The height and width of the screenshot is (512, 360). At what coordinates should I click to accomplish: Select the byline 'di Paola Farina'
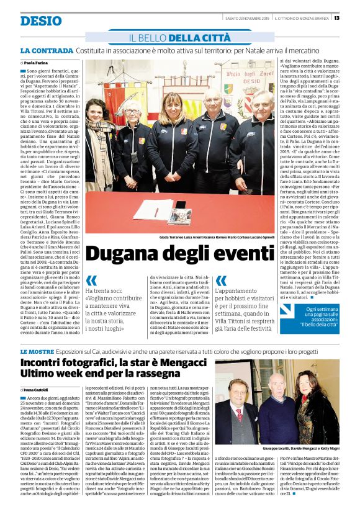[35, 63]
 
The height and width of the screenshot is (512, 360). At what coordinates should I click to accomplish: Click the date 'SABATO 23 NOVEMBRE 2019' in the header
[243, 17]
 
